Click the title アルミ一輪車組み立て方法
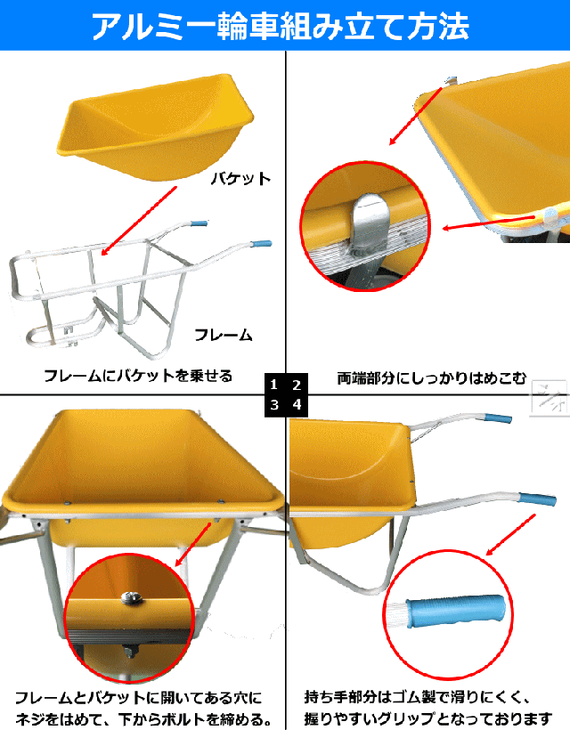click(281, 25)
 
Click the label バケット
click(240, 179)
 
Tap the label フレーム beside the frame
click(223, 335)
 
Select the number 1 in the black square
click(274, 385)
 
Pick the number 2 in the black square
click(297, 385)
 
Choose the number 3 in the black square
click(274, 404)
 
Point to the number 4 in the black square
click(297, 404)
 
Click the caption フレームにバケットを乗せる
click(138, 376)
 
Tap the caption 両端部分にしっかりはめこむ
click(432, 377)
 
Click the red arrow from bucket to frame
click(139, 221)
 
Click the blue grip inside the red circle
click(455, 611)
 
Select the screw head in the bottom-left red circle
click(131, 596)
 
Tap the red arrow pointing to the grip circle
click(511, 534)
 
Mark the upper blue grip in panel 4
click(497, 418)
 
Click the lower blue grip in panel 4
click(537, 499)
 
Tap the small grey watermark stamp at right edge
click(550, 398)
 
